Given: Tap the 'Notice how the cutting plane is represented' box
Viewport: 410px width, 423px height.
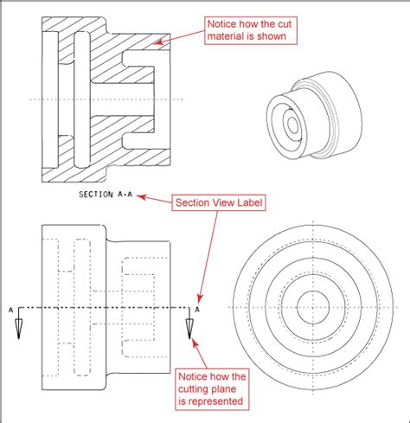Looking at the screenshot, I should coord(213,389).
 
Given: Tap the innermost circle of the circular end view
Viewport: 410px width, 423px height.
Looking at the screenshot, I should coord(314,307).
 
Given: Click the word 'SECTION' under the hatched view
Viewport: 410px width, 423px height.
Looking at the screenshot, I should coord(94,195).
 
